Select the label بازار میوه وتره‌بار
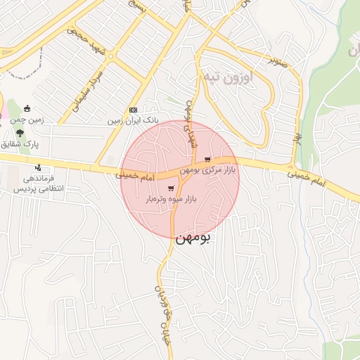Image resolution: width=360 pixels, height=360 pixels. pyautogui.click(x=171, y=200)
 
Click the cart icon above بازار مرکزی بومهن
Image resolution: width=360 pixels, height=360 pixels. pyautogui.click(x=207, y=160)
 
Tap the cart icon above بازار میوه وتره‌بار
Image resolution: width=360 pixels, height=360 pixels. pyautogui.click(x=172, y=188)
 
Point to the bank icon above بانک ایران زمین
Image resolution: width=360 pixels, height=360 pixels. pyautogui.click(x=134, y=110)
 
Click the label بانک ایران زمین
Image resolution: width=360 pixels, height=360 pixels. pyautogui.click(x=134, y=121)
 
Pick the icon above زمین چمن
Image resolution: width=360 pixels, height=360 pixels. pyautogui.click(x=27, y=108)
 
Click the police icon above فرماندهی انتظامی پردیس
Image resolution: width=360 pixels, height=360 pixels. pyautogui.click(x=38, y=167)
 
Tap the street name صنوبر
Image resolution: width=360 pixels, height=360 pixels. pyautogui.click(x=276, y=60)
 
